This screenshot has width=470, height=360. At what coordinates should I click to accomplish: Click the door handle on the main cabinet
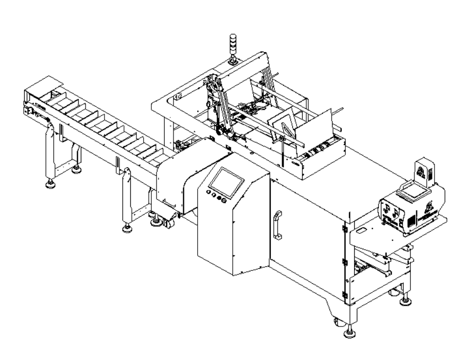point(278,225)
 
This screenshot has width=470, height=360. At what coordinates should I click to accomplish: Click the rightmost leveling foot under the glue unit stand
point(406,299)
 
